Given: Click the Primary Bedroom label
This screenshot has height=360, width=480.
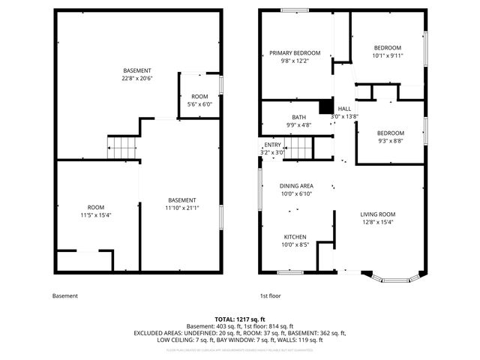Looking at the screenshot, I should (x=295, y=52).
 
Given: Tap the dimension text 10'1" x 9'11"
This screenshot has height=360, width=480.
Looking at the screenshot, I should (x=388, y=55).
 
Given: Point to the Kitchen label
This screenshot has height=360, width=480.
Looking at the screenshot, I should (x=295, y=236).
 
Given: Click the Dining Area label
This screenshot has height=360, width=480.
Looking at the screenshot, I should (x=296, y=185).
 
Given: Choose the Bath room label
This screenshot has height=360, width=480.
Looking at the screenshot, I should (x=299, y=117).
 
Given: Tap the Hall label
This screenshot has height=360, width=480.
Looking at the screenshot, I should (x=344, y=109).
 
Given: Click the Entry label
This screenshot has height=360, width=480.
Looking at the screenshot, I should (x=272, y=145).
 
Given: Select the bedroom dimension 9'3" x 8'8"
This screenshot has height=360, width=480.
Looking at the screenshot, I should (x=391, y=141).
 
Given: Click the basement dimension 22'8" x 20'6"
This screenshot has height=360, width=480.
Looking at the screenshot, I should (x=136, y=78).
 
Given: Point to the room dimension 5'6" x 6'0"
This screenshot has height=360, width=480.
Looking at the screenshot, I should (x=199, y=104).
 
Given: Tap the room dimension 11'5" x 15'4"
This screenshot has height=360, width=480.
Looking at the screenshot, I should (x=95, y=215).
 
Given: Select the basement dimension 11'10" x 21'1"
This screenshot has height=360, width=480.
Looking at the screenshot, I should (x=182, y=208).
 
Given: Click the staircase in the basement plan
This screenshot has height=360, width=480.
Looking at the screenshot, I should (x=121, y=148).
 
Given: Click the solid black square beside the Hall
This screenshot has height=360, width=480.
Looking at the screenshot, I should (x=325, y=107).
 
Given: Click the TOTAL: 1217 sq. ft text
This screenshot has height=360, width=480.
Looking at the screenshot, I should (x=239, y=319).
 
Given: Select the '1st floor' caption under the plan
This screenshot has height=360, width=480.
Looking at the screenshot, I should (x=269, y=295).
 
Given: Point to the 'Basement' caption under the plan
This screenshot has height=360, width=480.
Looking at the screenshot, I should (x=65, y=295).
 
